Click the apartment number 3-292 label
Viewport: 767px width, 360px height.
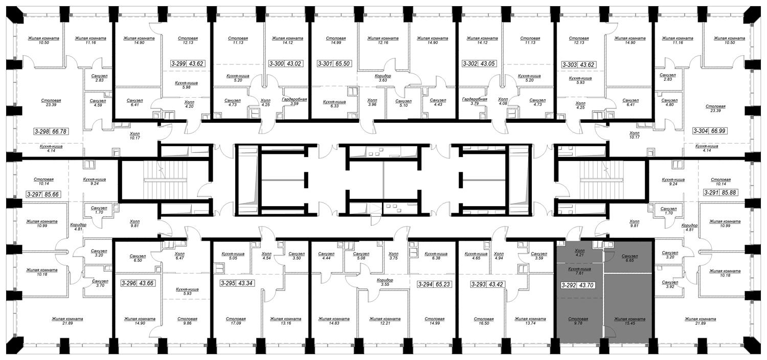click(x=569, y=285)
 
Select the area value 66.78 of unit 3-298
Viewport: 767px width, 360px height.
click(x=59, y=131)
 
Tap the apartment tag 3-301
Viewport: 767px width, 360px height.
click(x=326, y=64)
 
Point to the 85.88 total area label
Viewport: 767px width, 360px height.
click(x=729, y=192)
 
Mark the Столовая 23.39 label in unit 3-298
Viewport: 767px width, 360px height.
click(x=51, y=102)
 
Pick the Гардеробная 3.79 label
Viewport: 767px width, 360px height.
click(x=474, y=101)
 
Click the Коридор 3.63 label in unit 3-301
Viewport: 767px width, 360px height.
click(x=383, y=78)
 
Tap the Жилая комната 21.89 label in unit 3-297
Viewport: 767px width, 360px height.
click(x=67, y=321)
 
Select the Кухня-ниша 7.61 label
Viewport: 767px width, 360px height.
click(x=580, y=271)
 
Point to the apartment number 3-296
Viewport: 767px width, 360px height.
click(x=129, y=284)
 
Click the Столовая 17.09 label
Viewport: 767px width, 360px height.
click(x=236, y=321)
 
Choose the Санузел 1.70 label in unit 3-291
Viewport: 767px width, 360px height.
click(x=668, y=211)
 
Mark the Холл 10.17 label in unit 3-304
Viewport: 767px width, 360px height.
click(x=635, y=135)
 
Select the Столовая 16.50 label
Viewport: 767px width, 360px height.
click(x=484, y=321)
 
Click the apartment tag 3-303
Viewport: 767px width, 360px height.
click(x=570, y=64)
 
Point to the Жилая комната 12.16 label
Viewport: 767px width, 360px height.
click(x=383, y=40)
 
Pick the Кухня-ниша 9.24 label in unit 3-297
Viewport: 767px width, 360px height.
click(x=94, y=181)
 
